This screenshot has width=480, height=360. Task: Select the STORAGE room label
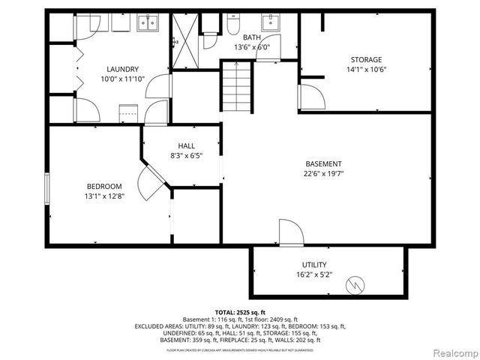pos(366,60)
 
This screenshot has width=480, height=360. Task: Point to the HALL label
pos(187,145)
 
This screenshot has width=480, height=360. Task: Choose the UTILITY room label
pos(314,265)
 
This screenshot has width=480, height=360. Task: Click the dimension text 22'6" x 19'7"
pos(323,174)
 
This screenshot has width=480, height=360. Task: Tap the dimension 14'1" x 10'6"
pos(366,70)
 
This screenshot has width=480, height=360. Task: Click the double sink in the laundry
pos(147,23)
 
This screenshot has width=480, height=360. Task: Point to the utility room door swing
pos(291,232)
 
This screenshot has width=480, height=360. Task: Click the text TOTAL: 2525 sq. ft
pos(240,312)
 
